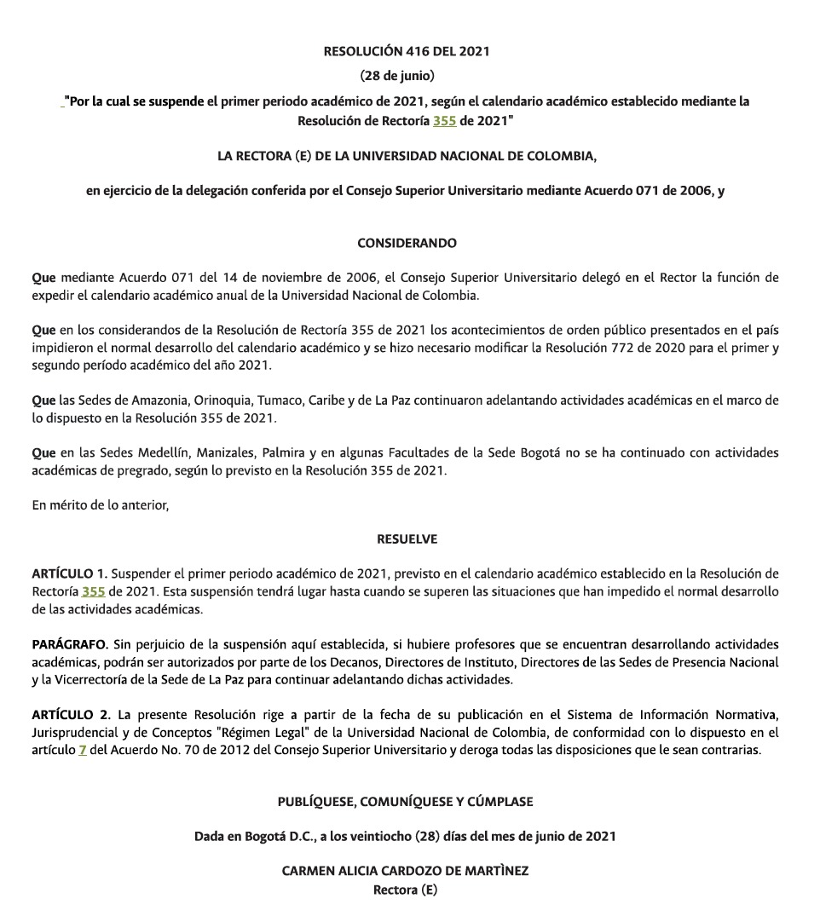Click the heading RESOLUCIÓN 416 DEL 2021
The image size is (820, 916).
point(407,51)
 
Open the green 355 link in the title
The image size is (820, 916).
point(444,121)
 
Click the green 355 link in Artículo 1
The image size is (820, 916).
point(93,591)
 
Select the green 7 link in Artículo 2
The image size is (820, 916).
point(83,751)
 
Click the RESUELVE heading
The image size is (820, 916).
point(407,539)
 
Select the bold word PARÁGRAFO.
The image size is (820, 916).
point(70,643)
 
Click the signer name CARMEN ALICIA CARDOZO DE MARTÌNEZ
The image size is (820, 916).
point(405,872)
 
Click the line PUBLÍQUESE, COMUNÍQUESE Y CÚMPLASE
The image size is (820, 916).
point(405,802)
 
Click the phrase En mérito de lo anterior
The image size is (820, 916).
point(101,505)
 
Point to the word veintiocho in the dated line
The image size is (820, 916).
point(378,836)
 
